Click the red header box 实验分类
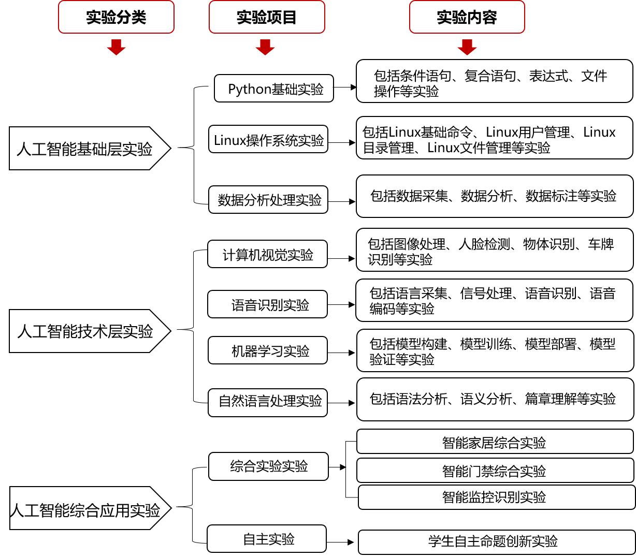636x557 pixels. pyautogui.click(x=116, y=17)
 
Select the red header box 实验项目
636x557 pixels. pyautogui.click(x=267, y=17)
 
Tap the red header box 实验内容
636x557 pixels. pyautogui.click(x=467, y=17)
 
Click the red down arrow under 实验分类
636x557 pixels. pyautogui.click(x=116, y=48)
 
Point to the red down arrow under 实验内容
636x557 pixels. pyautogui.click(x=467, y=48)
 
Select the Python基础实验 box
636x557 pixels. pyautogui.click(x=274, y=88)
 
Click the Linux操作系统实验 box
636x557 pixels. pyautogui.click(x=268, y=139)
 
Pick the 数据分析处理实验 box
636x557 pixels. pyautogui.click(x=268, y=200)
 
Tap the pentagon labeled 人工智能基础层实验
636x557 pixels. pyautogui.click(x=90, y=149)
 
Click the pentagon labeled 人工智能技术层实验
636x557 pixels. pyautogui.click(x=90, y=331)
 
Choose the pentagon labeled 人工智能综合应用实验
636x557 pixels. pyautogui.click(x=91, y=508)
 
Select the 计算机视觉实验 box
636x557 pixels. pyautogui.click(x=267, y=254)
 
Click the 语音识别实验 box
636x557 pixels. pyautogui.click(x=267, y=304)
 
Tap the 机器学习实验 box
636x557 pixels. pyautogui.click(x=268, y=350)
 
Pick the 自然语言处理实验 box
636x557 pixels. pyautogui.click(x=268, y=403)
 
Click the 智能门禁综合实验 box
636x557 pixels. pyautogui.click(x=495, y=470)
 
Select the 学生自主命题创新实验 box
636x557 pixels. pyautogui.click(x=497, y=543)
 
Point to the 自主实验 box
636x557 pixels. pyautogui.click(x=267, y=538)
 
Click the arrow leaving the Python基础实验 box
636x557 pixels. pyautogui.click(x=345, y=87)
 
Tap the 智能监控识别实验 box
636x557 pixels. pyautogui.click(x=497, y=497)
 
